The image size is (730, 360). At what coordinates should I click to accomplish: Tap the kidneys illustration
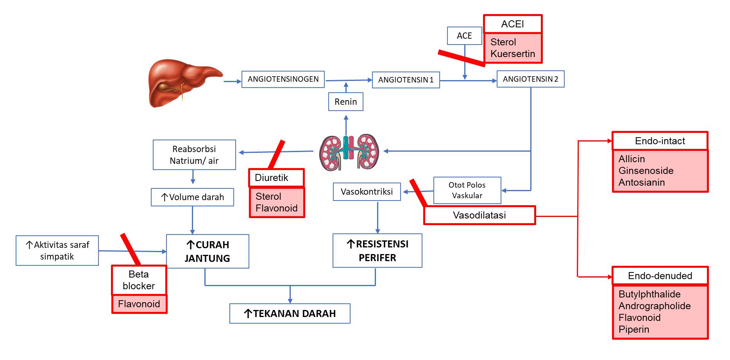click(x=349, y=152)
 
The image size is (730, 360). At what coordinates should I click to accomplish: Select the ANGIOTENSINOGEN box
click(x=283, y=79)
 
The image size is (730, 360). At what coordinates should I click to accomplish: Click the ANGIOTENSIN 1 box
click(x=406, y=80)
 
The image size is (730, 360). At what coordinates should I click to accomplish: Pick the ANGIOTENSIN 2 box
click(x=530, y=79)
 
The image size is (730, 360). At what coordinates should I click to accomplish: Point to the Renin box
click(x=346, y=102)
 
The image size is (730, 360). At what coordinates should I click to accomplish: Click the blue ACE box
click(x=464, y=36)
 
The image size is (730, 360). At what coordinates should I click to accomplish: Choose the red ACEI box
click(x=512, y=24)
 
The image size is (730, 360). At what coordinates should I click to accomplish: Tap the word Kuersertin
click(x=512, y=54)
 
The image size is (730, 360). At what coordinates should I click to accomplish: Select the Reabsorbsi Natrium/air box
click(x=194, y=155)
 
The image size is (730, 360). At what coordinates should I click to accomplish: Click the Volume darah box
click(x=192, y=197)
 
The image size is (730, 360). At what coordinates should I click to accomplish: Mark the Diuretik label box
click(x=276, y=178)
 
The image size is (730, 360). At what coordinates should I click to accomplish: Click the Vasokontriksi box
click(x=367, y=192)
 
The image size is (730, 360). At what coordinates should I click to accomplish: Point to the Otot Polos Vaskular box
click(x=467, y=190)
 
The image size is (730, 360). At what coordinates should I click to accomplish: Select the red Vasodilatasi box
click(x=480, y=215)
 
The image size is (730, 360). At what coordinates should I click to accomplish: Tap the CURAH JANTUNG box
click(x=208, y=251)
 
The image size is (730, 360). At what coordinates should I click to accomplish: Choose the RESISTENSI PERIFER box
click(x=377, y=251)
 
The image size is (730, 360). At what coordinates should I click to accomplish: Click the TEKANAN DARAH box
click(x=290, y=313)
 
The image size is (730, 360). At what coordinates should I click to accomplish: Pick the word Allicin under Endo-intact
click(x=632, y=159)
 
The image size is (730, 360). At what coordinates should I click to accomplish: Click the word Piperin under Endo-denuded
click(x=633, y=330)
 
